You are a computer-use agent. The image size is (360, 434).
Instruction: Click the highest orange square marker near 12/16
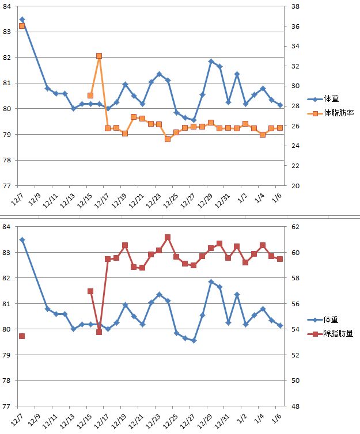99,56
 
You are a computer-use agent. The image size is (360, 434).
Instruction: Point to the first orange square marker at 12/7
22,26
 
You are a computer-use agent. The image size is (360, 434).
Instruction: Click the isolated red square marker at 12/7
22,336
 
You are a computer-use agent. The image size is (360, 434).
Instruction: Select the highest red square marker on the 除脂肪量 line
168,237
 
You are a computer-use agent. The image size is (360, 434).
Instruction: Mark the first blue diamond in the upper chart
22,20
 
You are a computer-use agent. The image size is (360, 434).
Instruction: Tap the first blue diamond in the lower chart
22,239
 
